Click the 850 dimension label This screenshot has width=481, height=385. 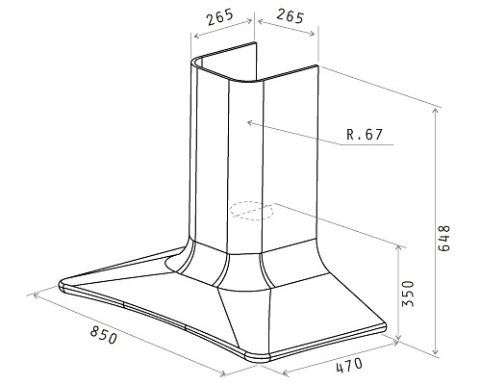[x=103, y=335]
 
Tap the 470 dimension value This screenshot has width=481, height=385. [x=349, y=365]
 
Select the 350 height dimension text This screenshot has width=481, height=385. [x=408, y=294]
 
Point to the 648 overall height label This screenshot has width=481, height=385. [x=444, y=239]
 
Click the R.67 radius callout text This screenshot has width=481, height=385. [x=365, y=135]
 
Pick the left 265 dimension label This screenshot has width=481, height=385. [x=219, y=17]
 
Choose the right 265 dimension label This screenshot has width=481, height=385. [x=290, y=16]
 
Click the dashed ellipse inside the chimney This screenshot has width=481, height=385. [x=251, y=211]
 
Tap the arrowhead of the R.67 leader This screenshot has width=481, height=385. [x=250, y=122]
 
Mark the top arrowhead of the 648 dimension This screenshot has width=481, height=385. [x=435, y=111]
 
